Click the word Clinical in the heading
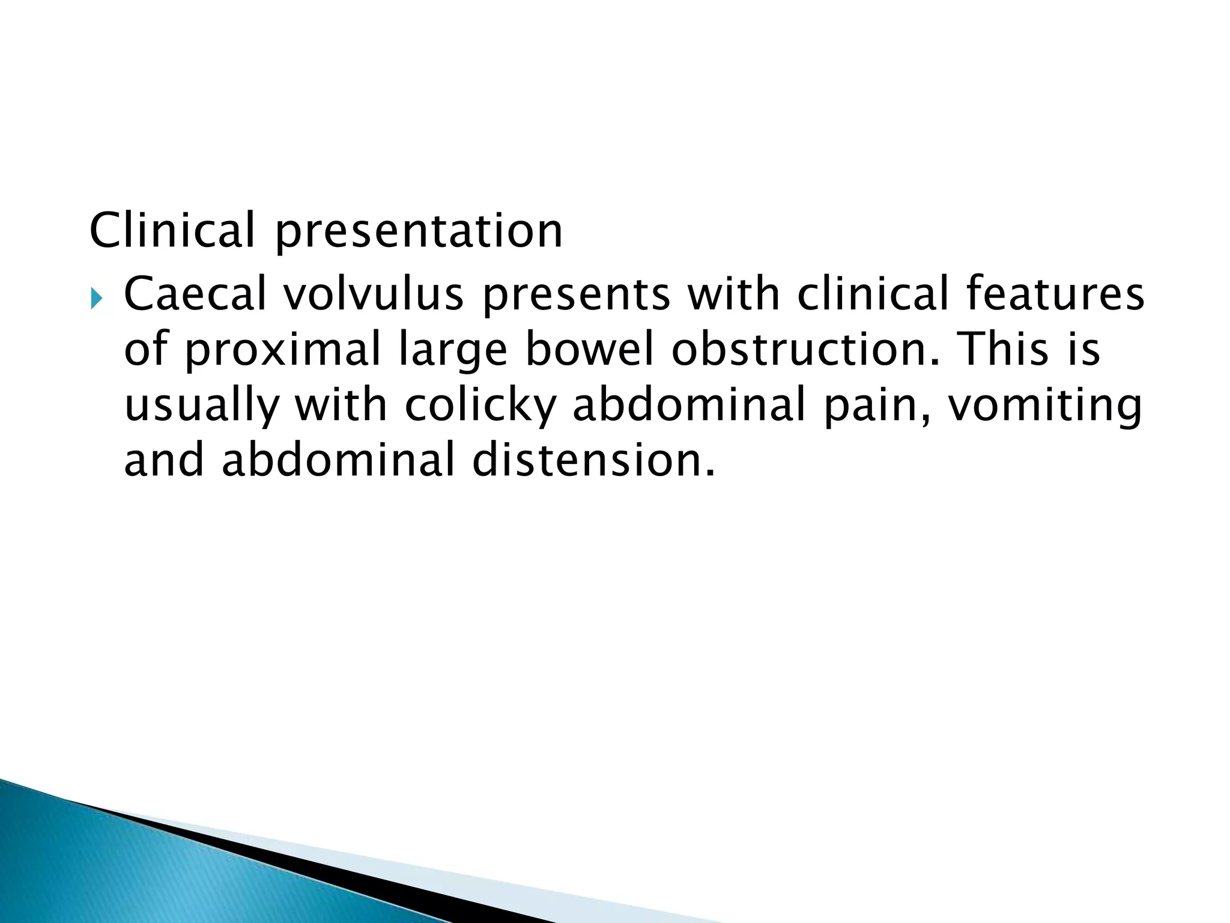click(172, 230)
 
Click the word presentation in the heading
click(419, 231)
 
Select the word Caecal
click(195, 294)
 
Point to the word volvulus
click(374, 294)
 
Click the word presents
click(576, 295)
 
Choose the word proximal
click(282, 350)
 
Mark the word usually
click(202, 406)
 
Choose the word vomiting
click(1044, 406)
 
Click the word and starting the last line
click(164, 460)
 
